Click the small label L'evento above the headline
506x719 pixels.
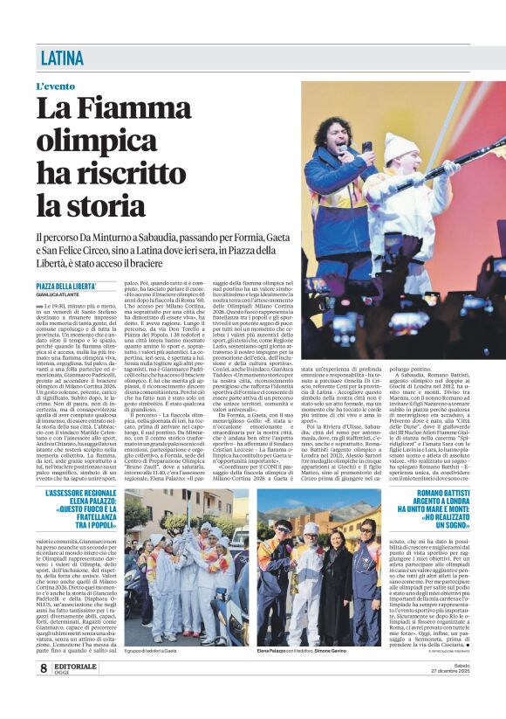click(x=56, y=87)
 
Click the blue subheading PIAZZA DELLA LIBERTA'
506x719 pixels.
click(x=66, y=287)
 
